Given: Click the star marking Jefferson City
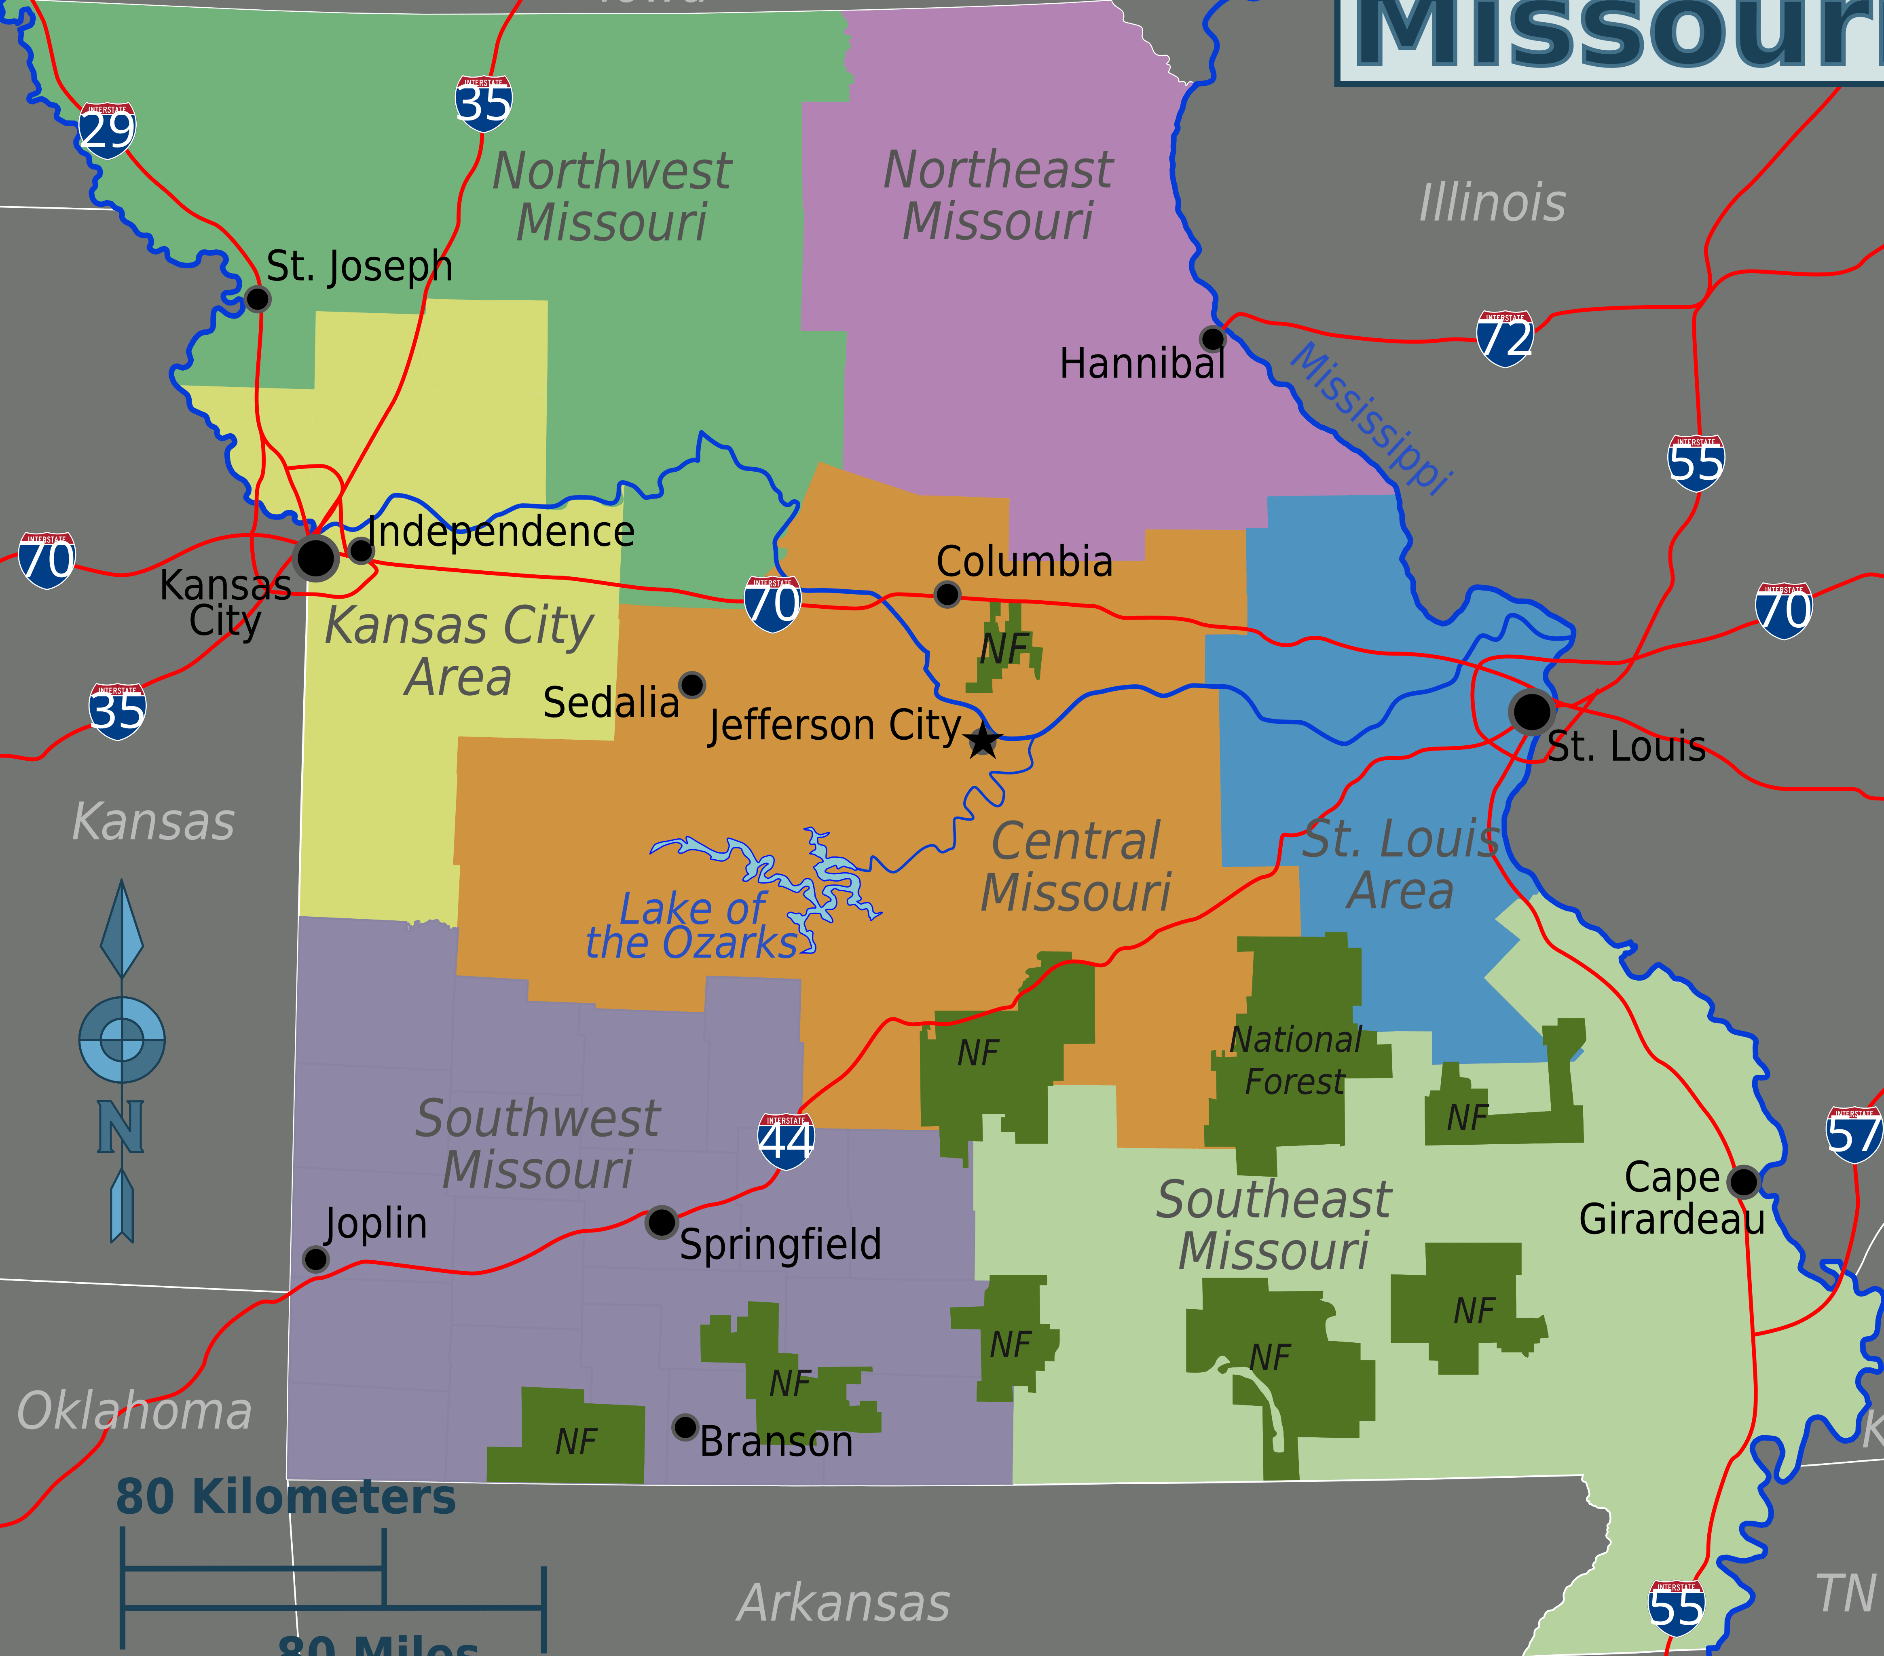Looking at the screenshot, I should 983,740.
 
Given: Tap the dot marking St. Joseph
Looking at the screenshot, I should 258,299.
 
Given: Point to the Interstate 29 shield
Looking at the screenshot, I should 107,130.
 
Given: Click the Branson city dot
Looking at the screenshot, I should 685,1428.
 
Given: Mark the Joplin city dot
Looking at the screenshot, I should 315,1259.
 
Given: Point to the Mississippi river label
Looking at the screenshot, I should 1370,419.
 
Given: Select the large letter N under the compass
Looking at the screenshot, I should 121,1126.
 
